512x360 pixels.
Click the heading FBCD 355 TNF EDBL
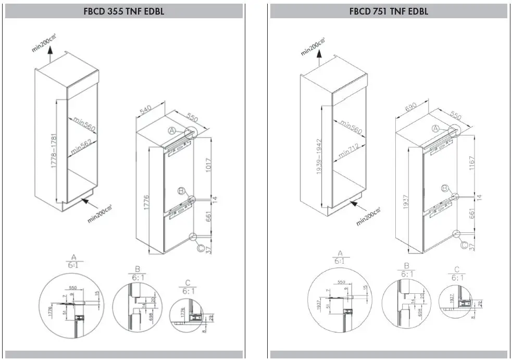pos(123,11)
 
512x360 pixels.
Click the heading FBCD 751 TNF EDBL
pos(389,11)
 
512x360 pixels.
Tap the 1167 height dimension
pos(472,163)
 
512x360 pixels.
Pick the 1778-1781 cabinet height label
pos(54,151)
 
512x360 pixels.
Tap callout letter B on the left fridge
pos(181,192)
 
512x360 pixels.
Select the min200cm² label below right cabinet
pos(368,216)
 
